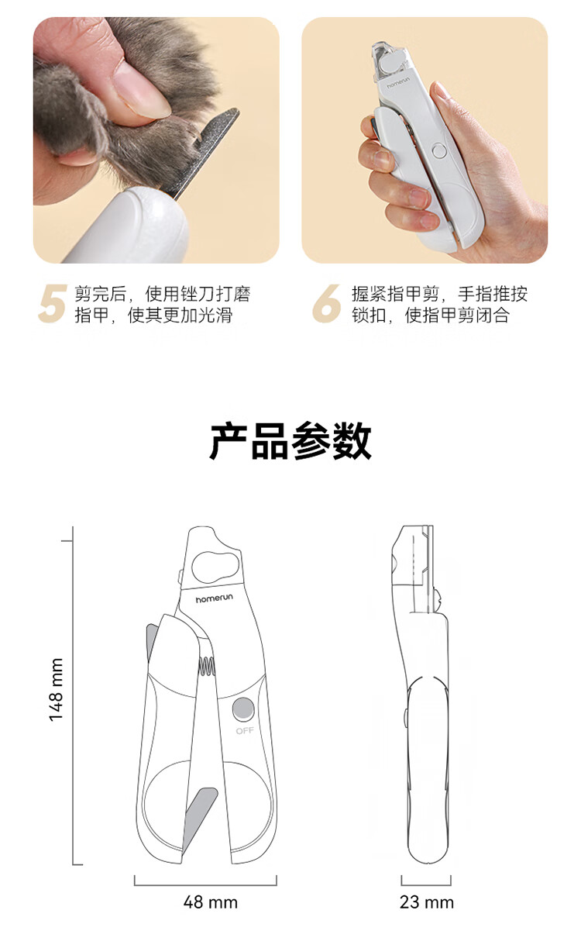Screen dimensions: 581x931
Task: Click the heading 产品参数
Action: tap(290, 440)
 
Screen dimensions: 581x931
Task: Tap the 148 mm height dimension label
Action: tap(57, 690)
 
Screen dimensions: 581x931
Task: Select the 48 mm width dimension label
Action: tap(211, 902)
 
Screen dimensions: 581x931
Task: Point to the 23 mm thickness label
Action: tap(427, 902)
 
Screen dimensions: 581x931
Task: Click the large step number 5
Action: tap(53, 303)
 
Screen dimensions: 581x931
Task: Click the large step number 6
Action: tap(326, 303)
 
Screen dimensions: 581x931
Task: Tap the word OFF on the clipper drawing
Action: tap(245, 730)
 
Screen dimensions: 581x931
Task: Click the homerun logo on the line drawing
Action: tap(215, 598)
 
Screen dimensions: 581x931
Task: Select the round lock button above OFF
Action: tap(243, 709)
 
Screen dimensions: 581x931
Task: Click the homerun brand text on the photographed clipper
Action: tap(401, 84)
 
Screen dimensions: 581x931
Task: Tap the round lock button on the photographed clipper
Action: tap(439, 150)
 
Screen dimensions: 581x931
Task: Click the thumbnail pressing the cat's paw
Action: tap(141, 91)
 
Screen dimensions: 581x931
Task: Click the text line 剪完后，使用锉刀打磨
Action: tap(163, 294)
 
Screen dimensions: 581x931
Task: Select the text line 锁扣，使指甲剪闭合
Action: tap(431, 315)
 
